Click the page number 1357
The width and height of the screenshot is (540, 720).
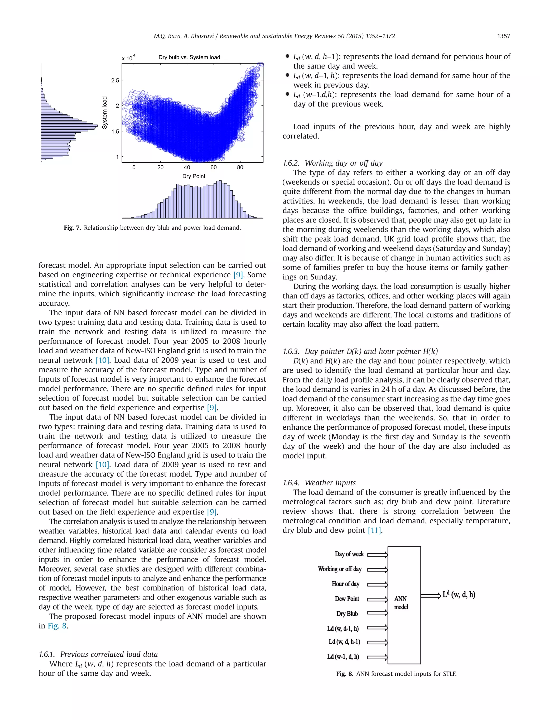[x=503, y=36]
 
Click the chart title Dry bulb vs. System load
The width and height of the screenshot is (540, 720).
[x=189, y=57]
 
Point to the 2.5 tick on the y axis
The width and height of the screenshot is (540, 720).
[x=115, y=80]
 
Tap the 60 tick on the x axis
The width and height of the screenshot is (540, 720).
[x=214, y=167]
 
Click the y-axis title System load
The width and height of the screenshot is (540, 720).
[x=104, y=113]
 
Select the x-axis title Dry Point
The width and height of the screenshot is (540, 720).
[x=194, y=176]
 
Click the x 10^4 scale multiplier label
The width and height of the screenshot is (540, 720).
[x=129, y=58]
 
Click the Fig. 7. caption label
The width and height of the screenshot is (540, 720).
[x=72, y=228]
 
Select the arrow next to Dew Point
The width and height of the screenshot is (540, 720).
[x=378, y=599]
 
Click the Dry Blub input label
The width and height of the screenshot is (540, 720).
[x=347, y=613]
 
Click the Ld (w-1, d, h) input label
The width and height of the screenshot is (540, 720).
[x=343, y=656]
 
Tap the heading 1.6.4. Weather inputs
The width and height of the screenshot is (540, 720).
[x=319, y=483]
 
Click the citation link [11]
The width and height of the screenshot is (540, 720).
[x=374, y=530]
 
